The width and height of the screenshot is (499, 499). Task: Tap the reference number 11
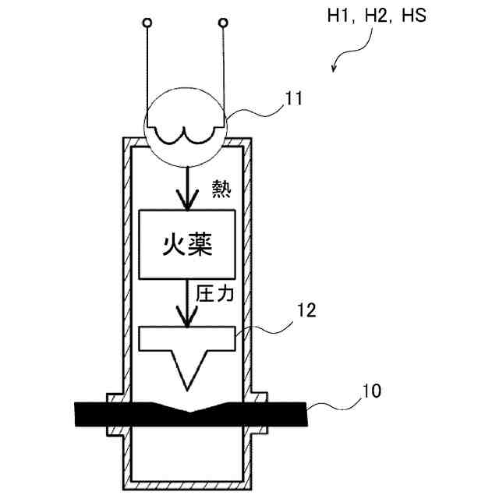point(294,98)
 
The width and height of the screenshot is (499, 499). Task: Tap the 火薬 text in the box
point(187,245)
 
